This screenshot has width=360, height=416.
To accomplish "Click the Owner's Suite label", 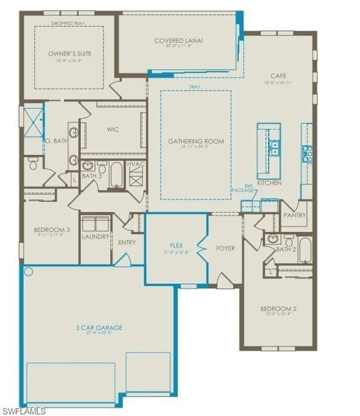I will pos(70,54).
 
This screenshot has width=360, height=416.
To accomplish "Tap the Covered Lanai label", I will pos(178,41).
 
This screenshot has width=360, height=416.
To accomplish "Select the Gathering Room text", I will pos(196,141).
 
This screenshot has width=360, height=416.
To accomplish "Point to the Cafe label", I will pos(278,76).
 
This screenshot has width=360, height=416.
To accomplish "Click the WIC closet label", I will pos(112,129).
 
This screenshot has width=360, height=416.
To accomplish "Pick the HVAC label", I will pos(136,164).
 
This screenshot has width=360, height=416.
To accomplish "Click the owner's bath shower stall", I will pos(33,122).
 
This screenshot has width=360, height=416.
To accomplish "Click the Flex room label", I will pos(176,246).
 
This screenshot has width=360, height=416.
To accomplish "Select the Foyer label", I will pos(225,248).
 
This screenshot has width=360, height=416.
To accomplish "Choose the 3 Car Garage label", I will pos(99,328).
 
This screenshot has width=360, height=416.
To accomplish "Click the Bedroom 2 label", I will pos(278,309).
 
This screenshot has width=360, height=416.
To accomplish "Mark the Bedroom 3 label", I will pos(52,230).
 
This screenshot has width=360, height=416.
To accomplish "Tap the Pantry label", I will pos(295,215).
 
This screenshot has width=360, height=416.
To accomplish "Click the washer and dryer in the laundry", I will pos(95,223).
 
